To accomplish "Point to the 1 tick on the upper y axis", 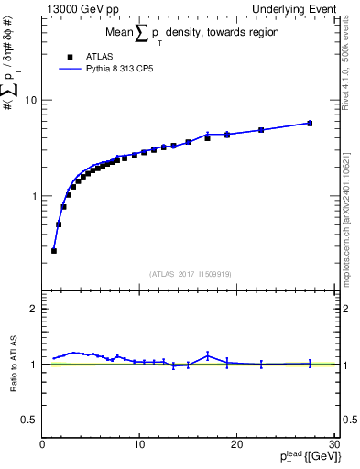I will pos(36,196).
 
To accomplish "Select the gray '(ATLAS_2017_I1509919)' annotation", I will pos(189,272).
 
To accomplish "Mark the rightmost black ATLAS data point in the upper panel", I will pos(310,123).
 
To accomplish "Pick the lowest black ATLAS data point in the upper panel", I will pos(54,250).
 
